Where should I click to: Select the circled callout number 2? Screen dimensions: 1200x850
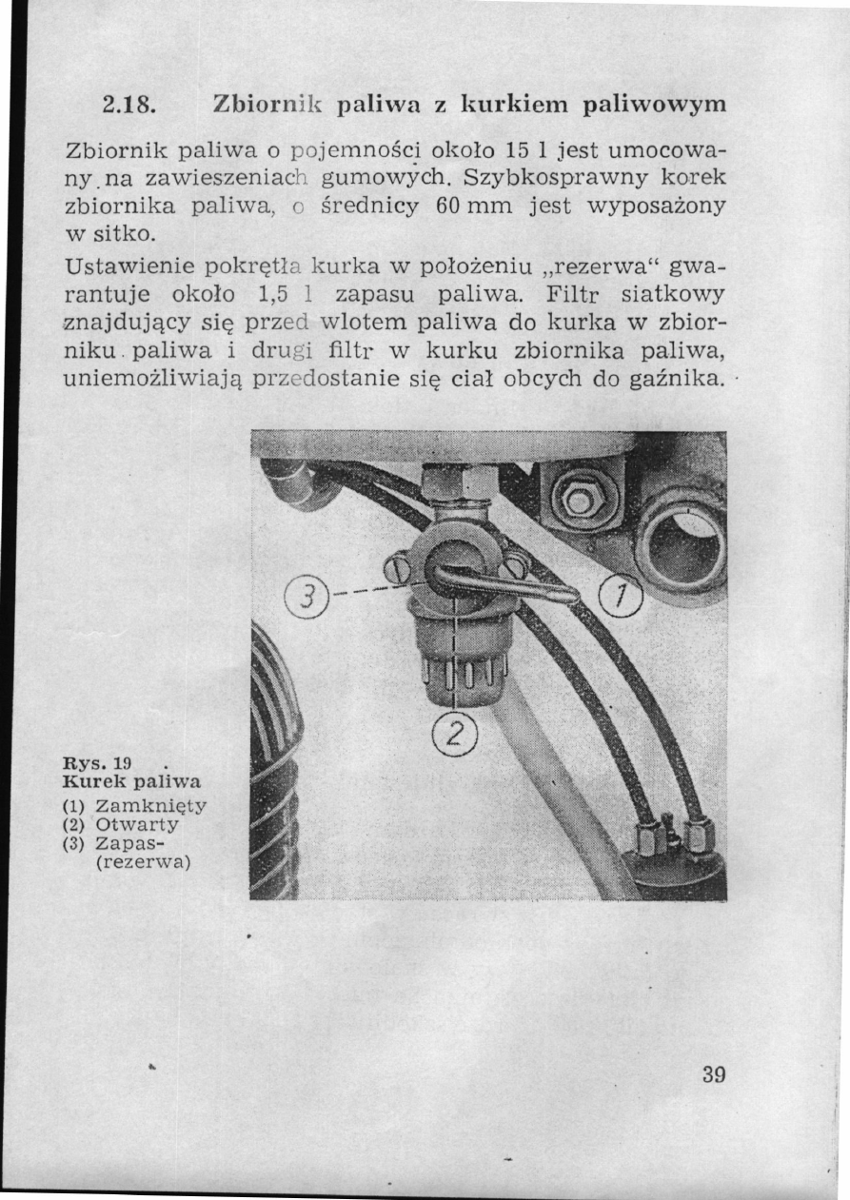click(x=455, y=732)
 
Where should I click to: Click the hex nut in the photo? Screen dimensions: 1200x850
click(x=578, y=500)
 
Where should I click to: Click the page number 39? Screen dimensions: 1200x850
click(x=714, y=1076)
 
